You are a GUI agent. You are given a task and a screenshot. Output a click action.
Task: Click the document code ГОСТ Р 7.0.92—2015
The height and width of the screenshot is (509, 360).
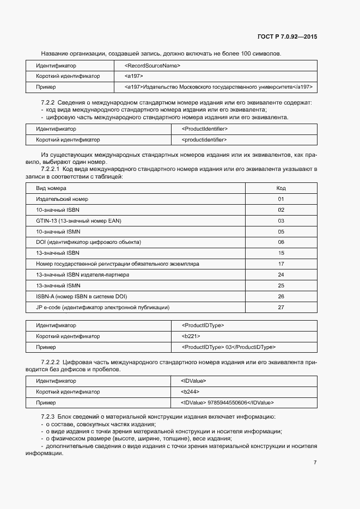286,37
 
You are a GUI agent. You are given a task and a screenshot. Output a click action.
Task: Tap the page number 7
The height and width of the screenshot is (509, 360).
315,462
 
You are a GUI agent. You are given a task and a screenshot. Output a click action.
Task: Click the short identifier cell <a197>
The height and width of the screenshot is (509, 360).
133,76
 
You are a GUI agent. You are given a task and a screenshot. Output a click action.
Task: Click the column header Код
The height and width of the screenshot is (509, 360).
281,188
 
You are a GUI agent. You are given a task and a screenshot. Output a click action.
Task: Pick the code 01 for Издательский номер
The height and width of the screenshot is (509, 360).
281,199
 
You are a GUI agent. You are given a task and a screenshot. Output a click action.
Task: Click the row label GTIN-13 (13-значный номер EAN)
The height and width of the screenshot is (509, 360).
78,220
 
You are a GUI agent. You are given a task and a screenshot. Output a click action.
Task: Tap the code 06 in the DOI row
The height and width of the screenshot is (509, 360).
281,242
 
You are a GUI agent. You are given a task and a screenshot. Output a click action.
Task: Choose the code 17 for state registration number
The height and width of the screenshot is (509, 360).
281,264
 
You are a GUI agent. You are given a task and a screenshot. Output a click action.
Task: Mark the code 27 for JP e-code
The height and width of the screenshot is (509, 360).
281,308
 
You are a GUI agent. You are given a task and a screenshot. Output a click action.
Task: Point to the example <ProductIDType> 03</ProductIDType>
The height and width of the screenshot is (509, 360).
229,347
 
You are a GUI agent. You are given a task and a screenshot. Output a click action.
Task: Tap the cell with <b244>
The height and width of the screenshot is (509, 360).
190,391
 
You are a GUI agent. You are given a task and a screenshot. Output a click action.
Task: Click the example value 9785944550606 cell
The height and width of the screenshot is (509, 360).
227,402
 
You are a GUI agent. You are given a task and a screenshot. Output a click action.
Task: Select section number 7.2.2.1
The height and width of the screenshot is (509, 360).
53,169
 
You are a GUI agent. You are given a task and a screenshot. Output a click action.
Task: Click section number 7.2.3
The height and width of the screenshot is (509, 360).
50,417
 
